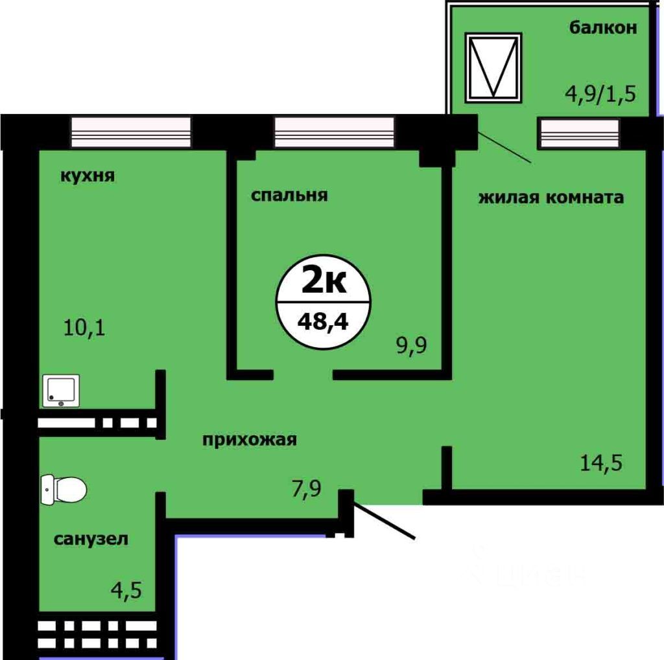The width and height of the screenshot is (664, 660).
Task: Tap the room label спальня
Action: coord(289,195)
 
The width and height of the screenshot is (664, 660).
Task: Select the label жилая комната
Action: coord(551,197)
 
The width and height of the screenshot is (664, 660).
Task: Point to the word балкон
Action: coord(603,28)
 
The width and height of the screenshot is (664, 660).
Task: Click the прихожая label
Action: coord(250,440)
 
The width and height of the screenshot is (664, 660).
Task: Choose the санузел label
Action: coord(91,538)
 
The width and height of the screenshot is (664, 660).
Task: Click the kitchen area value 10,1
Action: coord(84,327)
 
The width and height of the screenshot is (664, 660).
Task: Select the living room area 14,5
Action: coord(601,463)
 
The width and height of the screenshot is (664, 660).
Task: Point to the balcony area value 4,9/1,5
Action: coord(600,92)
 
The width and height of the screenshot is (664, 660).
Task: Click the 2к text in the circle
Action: coord(324,282)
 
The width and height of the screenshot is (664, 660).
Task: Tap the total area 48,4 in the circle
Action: coord(323,319)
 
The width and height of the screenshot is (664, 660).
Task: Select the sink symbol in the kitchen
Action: coord(61,391)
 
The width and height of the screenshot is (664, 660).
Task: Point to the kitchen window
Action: coord(131,131)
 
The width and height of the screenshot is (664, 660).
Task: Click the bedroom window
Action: coord(334,131)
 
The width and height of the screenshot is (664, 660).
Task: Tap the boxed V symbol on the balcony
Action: coord(493,67)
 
